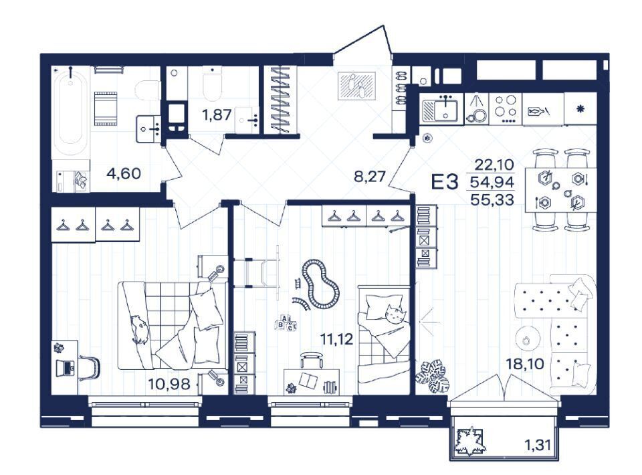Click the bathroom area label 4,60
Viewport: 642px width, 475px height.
123,174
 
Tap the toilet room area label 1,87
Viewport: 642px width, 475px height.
217,114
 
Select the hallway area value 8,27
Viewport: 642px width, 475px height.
370,177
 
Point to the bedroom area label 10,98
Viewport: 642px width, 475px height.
169,384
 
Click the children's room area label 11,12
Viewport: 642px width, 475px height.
336,339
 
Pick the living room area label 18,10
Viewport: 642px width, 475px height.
526,363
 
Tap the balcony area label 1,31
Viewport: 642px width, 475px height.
537,445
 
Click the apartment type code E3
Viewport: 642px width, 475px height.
445,182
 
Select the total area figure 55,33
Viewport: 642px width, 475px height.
492,199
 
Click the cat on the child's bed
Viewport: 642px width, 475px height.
395,314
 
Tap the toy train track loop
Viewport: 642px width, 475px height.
320,283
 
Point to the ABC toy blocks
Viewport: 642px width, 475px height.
286,322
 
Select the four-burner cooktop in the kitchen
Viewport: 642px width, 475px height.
506,108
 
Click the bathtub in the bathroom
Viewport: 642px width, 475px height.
70,110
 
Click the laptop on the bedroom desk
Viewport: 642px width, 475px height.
65,367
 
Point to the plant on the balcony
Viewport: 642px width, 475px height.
470,442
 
